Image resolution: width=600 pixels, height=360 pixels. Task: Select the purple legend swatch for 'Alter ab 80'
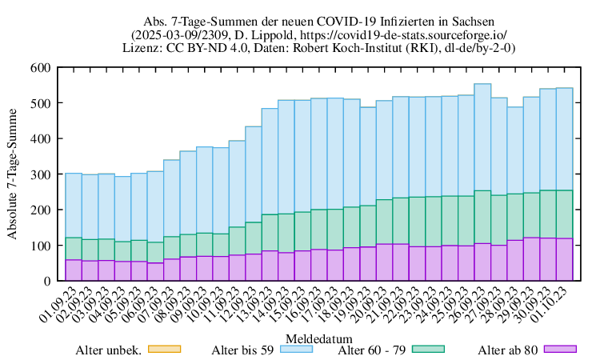pyautogui.click(x=561, y=349)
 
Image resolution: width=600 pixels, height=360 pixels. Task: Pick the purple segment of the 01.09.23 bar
pyautogui.click(x=73, y=270)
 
